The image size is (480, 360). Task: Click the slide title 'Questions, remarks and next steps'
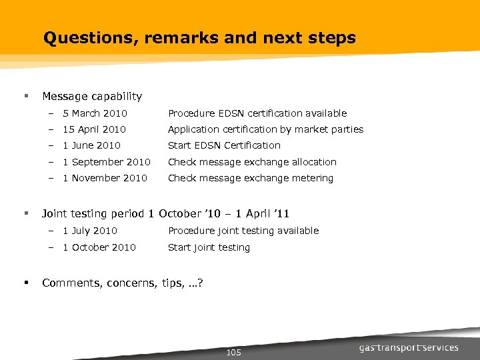click(199, 38)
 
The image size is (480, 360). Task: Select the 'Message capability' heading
click(92, 97)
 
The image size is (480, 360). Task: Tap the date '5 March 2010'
click(95, 113)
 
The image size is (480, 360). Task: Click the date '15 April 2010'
click(94, 129)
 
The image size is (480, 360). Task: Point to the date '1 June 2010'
click(91, 145)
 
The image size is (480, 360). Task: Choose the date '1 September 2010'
click(106, 162)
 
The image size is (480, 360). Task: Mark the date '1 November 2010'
click(105, 178)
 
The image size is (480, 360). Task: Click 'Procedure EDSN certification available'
click(257, 113)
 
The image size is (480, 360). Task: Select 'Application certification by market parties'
click(265, 129)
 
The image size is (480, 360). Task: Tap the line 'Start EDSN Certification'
click(224, 145)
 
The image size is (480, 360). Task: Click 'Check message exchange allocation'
click(252, 162)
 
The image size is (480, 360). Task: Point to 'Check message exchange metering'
click(250, 178)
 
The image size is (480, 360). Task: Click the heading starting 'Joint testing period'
click(165, 214)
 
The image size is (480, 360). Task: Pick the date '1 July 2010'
click(89, 231)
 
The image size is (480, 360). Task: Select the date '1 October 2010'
click(99, 247)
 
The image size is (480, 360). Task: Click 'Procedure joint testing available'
click(243, 231)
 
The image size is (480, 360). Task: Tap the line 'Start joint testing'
click(209, 247)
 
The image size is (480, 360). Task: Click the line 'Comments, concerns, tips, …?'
click(123, 283)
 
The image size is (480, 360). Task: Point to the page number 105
click(234, 352)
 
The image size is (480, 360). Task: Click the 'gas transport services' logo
click(409, 347)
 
